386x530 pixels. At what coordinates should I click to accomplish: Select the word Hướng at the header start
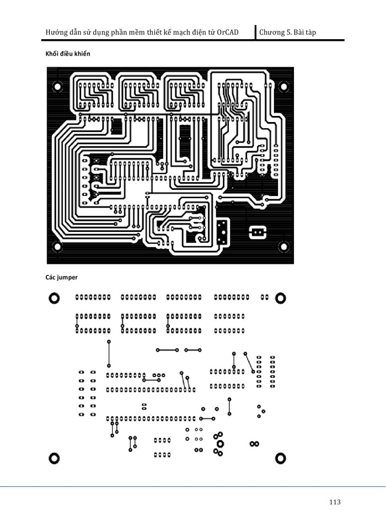57,33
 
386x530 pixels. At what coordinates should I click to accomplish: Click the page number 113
334,502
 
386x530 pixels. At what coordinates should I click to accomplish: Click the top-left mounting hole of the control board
56,86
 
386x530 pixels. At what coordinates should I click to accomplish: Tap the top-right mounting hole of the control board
284,87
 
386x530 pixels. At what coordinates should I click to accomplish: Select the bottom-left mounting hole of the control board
56,247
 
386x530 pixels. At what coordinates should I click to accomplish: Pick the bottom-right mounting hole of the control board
284,247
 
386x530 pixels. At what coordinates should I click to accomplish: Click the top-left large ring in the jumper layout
54,298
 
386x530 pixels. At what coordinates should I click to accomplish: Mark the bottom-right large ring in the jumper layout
281,458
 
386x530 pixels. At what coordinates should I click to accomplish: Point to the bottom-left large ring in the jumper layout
54,458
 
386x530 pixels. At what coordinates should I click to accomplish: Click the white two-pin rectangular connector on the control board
257,232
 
